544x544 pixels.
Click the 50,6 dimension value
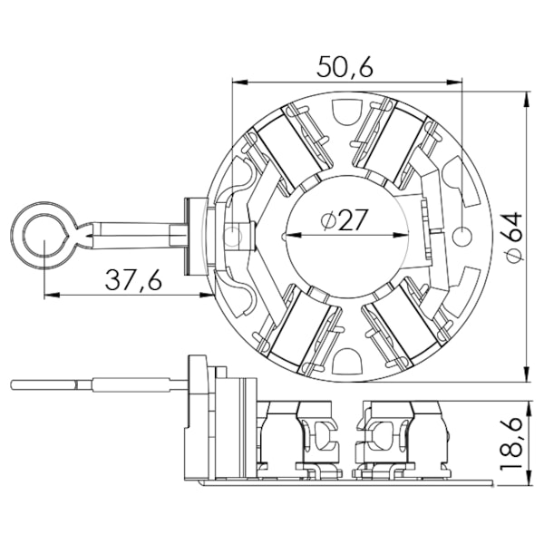[345, 66]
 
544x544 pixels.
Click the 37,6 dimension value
[133, 280]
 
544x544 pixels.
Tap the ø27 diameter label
[344, 220]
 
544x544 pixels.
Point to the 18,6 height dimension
[511, 443]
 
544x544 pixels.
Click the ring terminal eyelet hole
[44, 235]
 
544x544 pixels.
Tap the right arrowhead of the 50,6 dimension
[454, 83]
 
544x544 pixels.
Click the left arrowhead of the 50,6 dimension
[240, 83]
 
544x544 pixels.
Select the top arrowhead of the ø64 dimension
[528, 100]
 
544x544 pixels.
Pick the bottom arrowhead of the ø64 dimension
[528, 373]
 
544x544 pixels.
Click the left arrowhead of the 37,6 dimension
[53, 296]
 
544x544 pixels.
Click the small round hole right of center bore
[462, 236]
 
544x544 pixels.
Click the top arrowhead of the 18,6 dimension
[528, 409]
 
